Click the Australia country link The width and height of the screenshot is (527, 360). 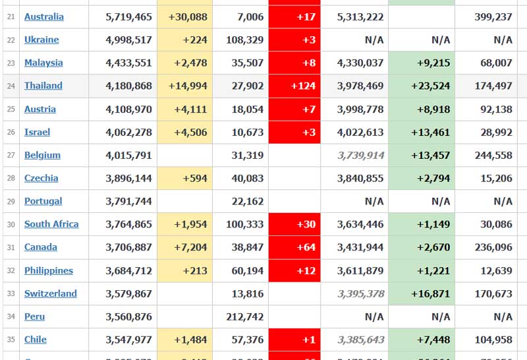pyautogui.click(x=44, y=16)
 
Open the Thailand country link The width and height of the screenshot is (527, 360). pyautogui.click(x=43, y=86)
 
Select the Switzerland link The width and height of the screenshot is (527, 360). pyautogui.click(x=51, y=293)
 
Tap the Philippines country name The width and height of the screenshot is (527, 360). pyautogui.click(x=49, y=270)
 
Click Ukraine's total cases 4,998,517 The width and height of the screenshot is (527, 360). pyautogui.click(x=128, y=40)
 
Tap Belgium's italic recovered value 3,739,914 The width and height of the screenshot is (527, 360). pyautogui.click(x=360, y=155)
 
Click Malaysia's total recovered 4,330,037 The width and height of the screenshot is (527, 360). pyautogui.click(x=360, y=63)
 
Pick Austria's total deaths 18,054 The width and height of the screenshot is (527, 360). pyautogui.click(x=247, y=109)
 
